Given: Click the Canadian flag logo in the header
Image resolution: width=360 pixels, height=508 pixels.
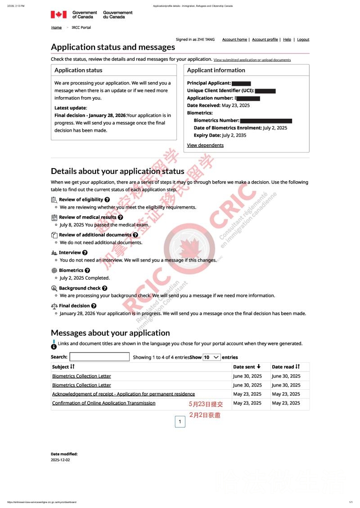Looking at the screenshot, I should (x=58, y=15).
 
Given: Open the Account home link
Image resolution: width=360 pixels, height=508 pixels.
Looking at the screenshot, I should (x=234, y=40).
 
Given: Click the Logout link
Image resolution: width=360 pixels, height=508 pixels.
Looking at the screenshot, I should (x=303, y=40).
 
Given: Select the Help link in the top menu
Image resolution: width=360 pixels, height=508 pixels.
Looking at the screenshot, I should (x=287, y=40).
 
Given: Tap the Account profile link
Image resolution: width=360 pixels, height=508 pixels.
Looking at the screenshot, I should (x=265, y=40).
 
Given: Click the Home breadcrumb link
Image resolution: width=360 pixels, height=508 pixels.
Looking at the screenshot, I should (x=56, y=27).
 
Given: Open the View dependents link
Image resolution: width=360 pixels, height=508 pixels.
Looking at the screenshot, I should (x=205, y=145).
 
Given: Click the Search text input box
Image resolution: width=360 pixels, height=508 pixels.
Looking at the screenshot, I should (x=99, y=357).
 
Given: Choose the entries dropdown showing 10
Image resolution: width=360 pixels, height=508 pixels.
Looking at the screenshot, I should (x=211, y=357).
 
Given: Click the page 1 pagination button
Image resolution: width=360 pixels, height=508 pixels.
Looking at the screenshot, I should (x=180, y=422).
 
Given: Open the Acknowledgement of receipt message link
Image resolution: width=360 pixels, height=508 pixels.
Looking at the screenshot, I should (x=123, y=394).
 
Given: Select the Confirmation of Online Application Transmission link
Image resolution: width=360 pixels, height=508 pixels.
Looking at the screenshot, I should (x=103, y=403).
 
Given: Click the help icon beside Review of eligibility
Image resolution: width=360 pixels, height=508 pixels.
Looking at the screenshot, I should (x=107, y=200).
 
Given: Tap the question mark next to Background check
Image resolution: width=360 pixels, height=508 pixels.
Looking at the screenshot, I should (x=104, y=288).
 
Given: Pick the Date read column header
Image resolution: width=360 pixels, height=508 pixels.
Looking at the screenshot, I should (x=286, y=367).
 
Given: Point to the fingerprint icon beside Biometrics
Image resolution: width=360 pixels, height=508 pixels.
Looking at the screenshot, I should (x=54, y=271).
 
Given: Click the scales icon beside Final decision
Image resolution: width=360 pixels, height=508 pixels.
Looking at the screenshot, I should (x=54, y=306).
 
